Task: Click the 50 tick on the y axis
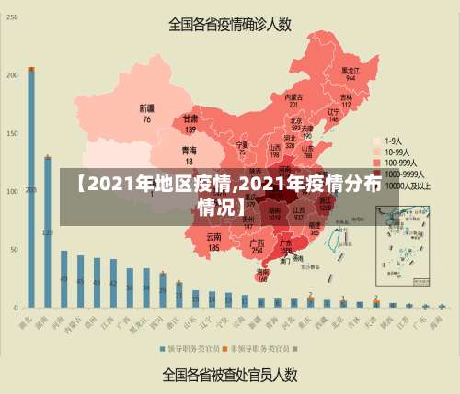pos(13,250)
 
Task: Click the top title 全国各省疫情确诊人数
pos(230,24)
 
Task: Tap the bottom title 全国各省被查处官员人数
pos(230,374)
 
